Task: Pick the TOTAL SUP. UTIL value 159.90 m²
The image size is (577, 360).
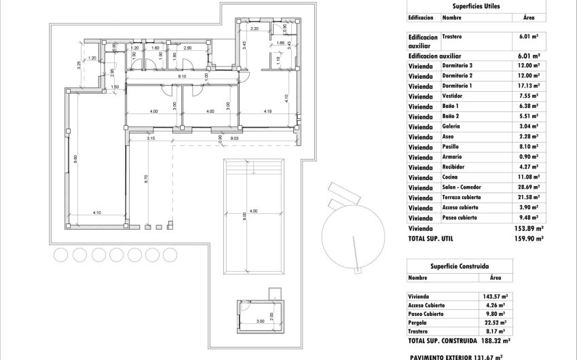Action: click(x=529, y=239)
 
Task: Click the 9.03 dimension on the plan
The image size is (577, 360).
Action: click(x=234, y=139)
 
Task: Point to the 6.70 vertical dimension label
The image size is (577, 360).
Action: click(x=146, y=179)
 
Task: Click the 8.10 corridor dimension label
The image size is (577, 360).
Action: click(x=182, y=77)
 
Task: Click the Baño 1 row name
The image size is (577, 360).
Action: click(x=452, y=107)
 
